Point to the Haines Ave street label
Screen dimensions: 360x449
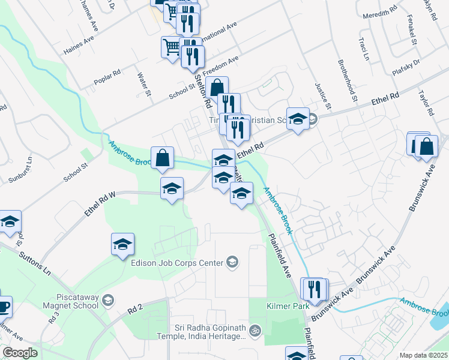point(79,46)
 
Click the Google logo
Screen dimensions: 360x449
point(20,353)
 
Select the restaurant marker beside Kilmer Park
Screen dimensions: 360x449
point(313,289)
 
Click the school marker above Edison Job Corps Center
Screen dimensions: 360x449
point(122,244)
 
